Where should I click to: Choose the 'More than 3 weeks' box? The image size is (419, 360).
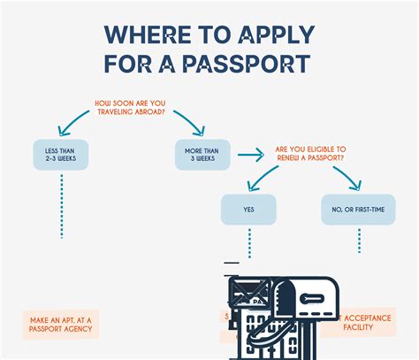(202, 156)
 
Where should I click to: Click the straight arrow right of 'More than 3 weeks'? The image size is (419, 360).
(251, 156)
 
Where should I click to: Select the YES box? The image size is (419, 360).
(248, 210)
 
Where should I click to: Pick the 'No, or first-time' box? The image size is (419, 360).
(358, 210)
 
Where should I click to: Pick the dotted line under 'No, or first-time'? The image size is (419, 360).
(359, 241)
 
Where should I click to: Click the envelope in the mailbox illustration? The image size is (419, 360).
(250, 293)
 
